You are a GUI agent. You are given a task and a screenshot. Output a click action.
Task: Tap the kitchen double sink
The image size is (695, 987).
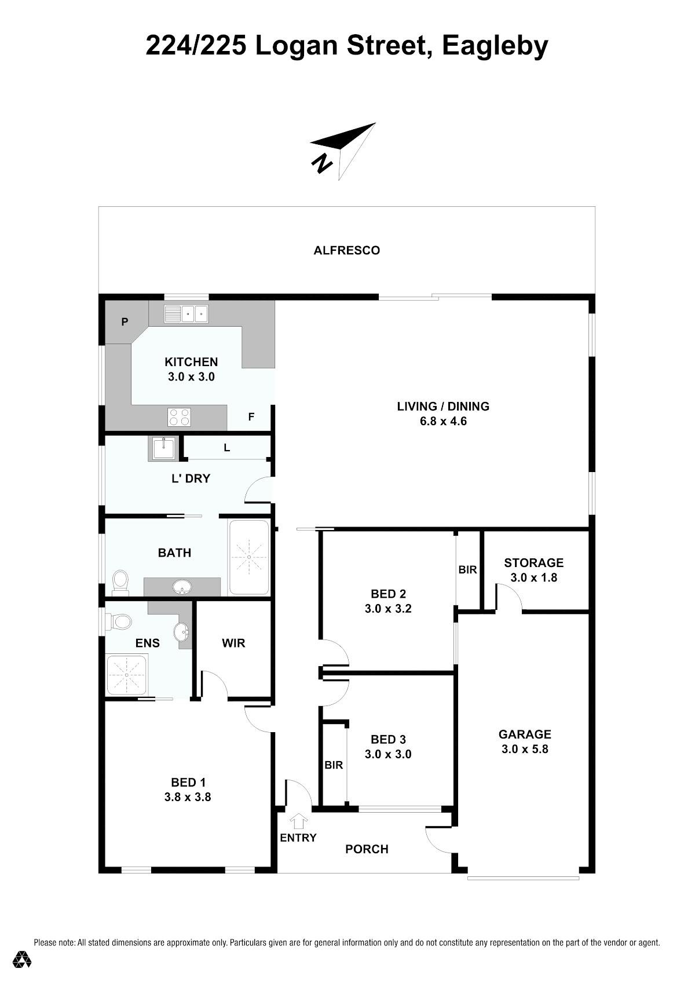(186, 314)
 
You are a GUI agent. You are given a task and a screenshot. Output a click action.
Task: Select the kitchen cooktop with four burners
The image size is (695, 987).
(179, 417)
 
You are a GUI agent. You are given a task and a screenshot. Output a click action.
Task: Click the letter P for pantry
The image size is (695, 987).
(125, 321)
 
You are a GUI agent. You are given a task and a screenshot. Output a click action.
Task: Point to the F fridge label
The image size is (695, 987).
(251, 416)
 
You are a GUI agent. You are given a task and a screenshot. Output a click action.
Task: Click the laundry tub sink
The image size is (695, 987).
(163, 448)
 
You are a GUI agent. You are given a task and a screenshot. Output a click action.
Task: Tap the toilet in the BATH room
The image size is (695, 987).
(120, 582)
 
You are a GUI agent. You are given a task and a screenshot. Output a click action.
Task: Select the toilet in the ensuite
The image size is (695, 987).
(118, 622)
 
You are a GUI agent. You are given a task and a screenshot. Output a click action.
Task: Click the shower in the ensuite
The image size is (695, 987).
(127, 675)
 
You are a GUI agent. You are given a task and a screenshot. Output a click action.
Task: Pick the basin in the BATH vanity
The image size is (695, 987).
(182, 587)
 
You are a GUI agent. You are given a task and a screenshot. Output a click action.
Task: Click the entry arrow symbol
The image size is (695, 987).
(299, 820)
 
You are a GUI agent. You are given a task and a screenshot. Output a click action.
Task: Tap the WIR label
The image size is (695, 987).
(233, 643)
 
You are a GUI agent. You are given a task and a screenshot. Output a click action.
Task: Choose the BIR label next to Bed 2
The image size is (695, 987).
(467, 570)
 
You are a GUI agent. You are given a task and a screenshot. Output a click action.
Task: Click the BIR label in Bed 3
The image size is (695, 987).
(334, 765)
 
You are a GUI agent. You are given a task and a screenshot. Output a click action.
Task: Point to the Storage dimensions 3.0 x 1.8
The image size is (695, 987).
(533, 577)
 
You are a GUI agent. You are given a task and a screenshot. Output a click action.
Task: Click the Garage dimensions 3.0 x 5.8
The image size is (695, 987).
(525, 749)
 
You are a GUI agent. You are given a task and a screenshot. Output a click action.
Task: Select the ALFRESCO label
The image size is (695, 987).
(347, 250)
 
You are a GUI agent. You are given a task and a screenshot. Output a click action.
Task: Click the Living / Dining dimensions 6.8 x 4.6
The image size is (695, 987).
(443, 421)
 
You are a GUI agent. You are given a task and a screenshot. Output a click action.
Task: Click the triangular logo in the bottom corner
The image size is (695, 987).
(22, 959)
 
